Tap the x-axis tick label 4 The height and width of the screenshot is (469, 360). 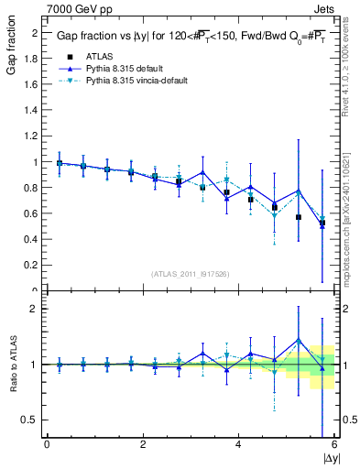[x=238, y=444]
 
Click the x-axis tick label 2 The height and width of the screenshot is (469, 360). [x=142, y=444]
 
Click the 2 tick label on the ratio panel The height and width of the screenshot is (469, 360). [x=35, y=310]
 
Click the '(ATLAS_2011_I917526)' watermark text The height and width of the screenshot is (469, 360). [x=190, y=274]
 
